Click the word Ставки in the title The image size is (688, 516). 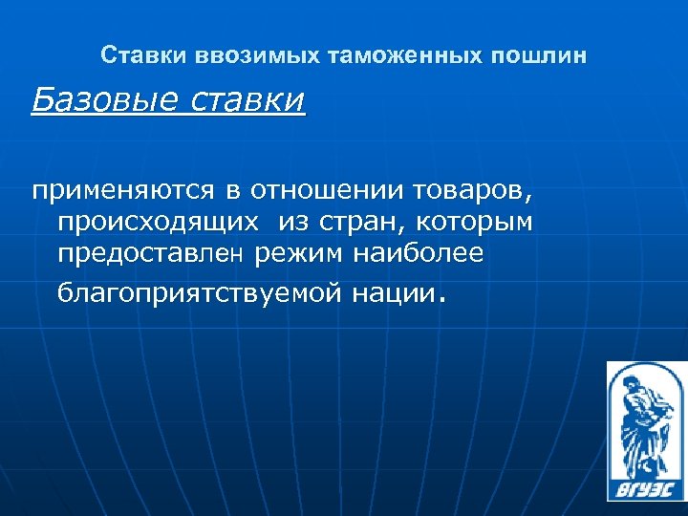(132, 55)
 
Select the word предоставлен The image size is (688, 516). (154, 255)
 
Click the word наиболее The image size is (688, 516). (420, 254)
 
